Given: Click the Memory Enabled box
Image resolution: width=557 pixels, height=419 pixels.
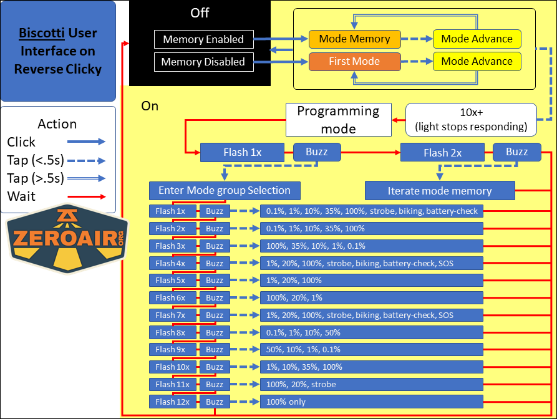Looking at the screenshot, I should click(x=203, y=39).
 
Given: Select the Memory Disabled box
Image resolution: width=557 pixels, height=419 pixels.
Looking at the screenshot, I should click(x=203, y=62).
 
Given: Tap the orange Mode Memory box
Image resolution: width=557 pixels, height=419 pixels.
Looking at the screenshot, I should click(x=354, y=39).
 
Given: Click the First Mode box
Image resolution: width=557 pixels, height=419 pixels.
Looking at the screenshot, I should click(x=354, y=61).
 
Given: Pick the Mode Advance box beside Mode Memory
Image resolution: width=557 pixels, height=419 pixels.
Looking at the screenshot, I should click(x=477, y=39).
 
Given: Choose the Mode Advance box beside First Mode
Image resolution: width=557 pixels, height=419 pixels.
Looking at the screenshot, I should click(x=477, y=61).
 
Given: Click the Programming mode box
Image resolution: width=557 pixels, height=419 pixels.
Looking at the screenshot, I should click(x=338, y=120).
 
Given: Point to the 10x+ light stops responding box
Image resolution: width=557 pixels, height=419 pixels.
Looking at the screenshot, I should click(x=471, y=120).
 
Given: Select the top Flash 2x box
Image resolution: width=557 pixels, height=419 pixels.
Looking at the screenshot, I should click(x=443, y=152).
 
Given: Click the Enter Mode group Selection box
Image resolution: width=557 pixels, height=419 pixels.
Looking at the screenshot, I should click(x=225, y=190).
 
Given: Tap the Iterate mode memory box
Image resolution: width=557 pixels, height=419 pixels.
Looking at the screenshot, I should click(x=440, y=191).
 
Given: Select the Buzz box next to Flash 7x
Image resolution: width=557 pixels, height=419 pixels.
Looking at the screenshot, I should click(x=215, y=315).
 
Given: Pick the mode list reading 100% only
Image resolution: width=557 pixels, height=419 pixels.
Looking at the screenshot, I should click(x=372, y=402).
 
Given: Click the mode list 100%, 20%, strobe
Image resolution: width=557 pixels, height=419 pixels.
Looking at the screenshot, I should click(x=372, y=384).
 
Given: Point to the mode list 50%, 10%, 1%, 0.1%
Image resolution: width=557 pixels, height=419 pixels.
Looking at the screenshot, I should click(x=372, y=349).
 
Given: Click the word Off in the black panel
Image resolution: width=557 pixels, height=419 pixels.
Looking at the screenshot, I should click(x=200, y=12).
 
